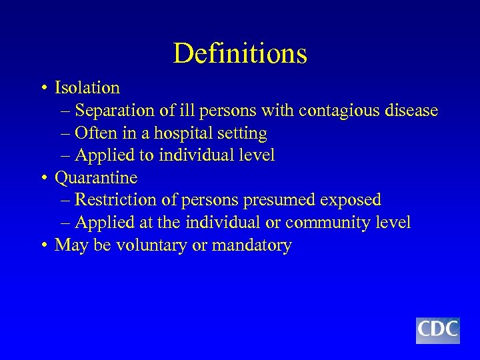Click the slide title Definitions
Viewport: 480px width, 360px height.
[240, 53]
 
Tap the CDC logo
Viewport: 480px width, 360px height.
[437, 330]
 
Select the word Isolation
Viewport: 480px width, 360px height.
[87, 88]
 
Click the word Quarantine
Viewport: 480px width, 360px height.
[96, 178]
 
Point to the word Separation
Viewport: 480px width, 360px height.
[115, 111]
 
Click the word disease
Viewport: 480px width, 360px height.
[411, 111]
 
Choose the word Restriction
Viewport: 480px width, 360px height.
[114, 200]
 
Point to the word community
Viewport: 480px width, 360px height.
[329, 223]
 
